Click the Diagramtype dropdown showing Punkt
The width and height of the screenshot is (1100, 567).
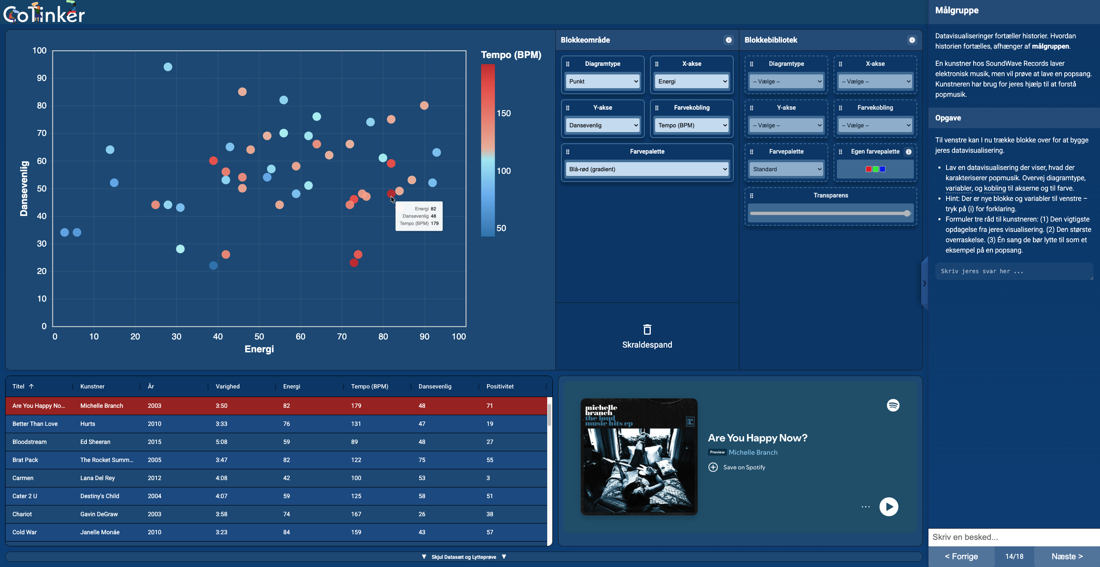[x=603, y=81]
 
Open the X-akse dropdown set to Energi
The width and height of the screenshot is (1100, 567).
[x=692, y=81]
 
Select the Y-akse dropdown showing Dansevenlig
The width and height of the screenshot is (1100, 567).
[x=603, y=125]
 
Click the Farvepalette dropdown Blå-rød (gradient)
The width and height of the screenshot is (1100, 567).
[x=647, y=169]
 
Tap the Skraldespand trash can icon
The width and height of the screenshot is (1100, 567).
[x=647, y=330]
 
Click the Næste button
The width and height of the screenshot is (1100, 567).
[x=1066, y=556]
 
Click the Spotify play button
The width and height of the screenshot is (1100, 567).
[x=889, y=507]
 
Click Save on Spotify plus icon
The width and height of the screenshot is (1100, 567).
[x=713, y=467]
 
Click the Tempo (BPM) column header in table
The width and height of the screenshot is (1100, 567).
[x=369, y=386]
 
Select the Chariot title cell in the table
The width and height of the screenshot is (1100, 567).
[x=22, y=514]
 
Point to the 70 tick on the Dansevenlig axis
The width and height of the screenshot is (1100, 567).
[x=42, y=133]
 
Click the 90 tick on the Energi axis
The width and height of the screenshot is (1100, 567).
[x=424, y=337]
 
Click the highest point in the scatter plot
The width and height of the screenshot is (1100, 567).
[x=168, y=67]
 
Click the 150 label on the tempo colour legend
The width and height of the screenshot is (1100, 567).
[x=503, y=114]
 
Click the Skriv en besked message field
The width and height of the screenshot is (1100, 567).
[x=1014, y=537]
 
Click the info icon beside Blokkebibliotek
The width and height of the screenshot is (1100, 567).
[x=912, y=40]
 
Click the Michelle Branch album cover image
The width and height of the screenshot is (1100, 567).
[x=639, y=456]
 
